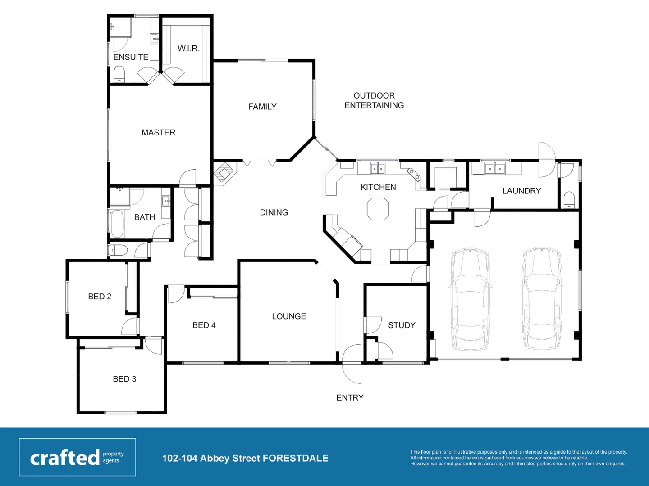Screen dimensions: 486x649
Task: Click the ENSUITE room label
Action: (x=131, y=57)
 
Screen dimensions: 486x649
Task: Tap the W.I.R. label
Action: (x=188, y=48)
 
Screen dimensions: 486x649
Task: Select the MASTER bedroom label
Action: (x=158, y=132)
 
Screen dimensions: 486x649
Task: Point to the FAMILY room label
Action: (x=262, y=107)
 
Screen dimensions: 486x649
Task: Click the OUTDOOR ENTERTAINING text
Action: (x=374, y=100)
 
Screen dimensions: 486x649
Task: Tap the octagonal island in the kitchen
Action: (x=378, y=209)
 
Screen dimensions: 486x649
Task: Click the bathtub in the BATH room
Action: (x=117, y=224)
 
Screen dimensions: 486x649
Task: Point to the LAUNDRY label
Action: (x=521, y=191)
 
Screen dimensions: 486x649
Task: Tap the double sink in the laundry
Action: (x=494, y=169)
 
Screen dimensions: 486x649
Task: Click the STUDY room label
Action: (x=402, y=325)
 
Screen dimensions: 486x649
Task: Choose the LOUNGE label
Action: (x=289, y=316)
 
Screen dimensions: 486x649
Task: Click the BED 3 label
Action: (x=124, y=379)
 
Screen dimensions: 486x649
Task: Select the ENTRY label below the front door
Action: (x=350, y=397)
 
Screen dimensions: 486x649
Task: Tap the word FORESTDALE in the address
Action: (x=295, y=458)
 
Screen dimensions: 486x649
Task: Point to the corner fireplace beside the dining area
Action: (x=224, y=173)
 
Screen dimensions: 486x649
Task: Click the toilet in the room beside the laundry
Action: (x=569, y=199)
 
